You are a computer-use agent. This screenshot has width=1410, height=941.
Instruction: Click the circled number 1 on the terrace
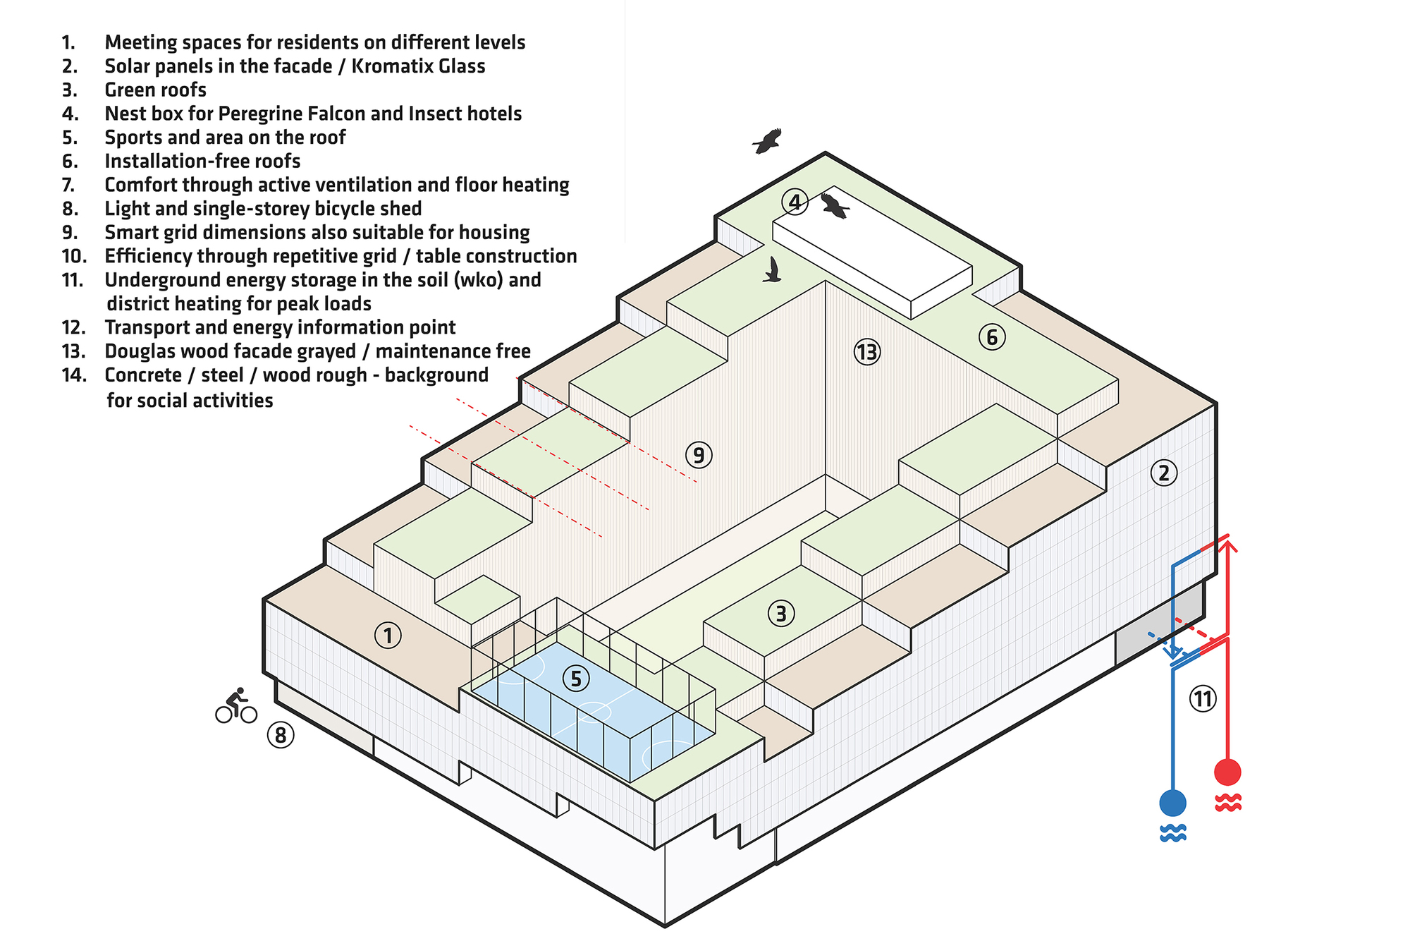coord(388,636)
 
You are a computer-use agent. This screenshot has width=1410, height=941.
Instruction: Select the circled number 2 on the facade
coord(1163,473)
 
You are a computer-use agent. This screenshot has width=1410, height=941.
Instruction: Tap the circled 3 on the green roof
coord(780,613)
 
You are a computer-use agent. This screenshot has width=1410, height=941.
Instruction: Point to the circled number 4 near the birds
coord(795,202)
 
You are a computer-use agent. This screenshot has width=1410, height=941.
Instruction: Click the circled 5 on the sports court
coord(576,679)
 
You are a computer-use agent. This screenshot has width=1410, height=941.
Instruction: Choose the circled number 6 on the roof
coord(992,337)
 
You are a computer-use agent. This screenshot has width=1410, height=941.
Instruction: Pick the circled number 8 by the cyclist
coord(281,736)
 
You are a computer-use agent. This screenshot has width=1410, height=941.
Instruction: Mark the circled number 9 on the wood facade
coord(699,455)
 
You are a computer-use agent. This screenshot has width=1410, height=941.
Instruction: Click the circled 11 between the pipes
coord(1203,699)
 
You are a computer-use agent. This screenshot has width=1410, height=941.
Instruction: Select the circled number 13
coord(867,351)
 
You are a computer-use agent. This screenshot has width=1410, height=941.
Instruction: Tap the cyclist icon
coord(236,706)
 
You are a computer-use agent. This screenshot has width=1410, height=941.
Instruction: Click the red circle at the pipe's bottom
coord(1227,772)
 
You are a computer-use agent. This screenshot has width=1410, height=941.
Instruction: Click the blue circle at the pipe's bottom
coord(1172,803)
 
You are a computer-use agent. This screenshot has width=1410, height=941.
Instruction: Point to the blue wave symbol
coord(1172,833)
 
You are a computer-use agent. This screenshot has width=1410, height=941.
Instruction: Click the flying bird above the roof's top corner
coord(768,140)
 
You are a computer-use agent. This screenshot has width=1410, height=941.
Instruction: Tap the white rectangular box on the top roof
coord(872,253)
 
